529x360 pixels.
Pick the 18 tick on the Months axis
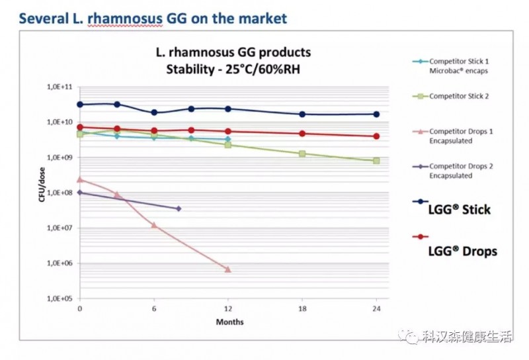pyautogui.click(x=302, y=309)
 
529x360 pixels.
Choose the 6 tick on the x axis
pyautogui.click(x=154, y=309)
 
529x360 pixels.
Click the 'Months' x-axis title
pyautogui.click(x=229, y=322)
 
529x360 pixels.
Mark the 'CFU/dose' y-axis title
pyautogui.click(x=42, y=192)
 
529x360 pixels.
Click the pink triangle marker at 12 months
pyautogui.click(x=228, y=269)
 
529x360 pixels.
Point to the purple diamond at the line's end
pyautogui.click(x=179, y=208)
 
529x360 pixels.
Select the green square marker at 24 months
pyautogui.click(x=376, y=161)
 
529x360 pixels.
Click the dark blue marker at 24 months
pyautogui.click(x=376, y=114)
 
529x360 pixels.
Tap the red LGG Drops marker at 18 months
pyautogui.click(x=302, y=134)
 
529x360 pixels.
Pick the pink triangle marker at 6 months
pyautogui.click(x=154, y=225)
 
